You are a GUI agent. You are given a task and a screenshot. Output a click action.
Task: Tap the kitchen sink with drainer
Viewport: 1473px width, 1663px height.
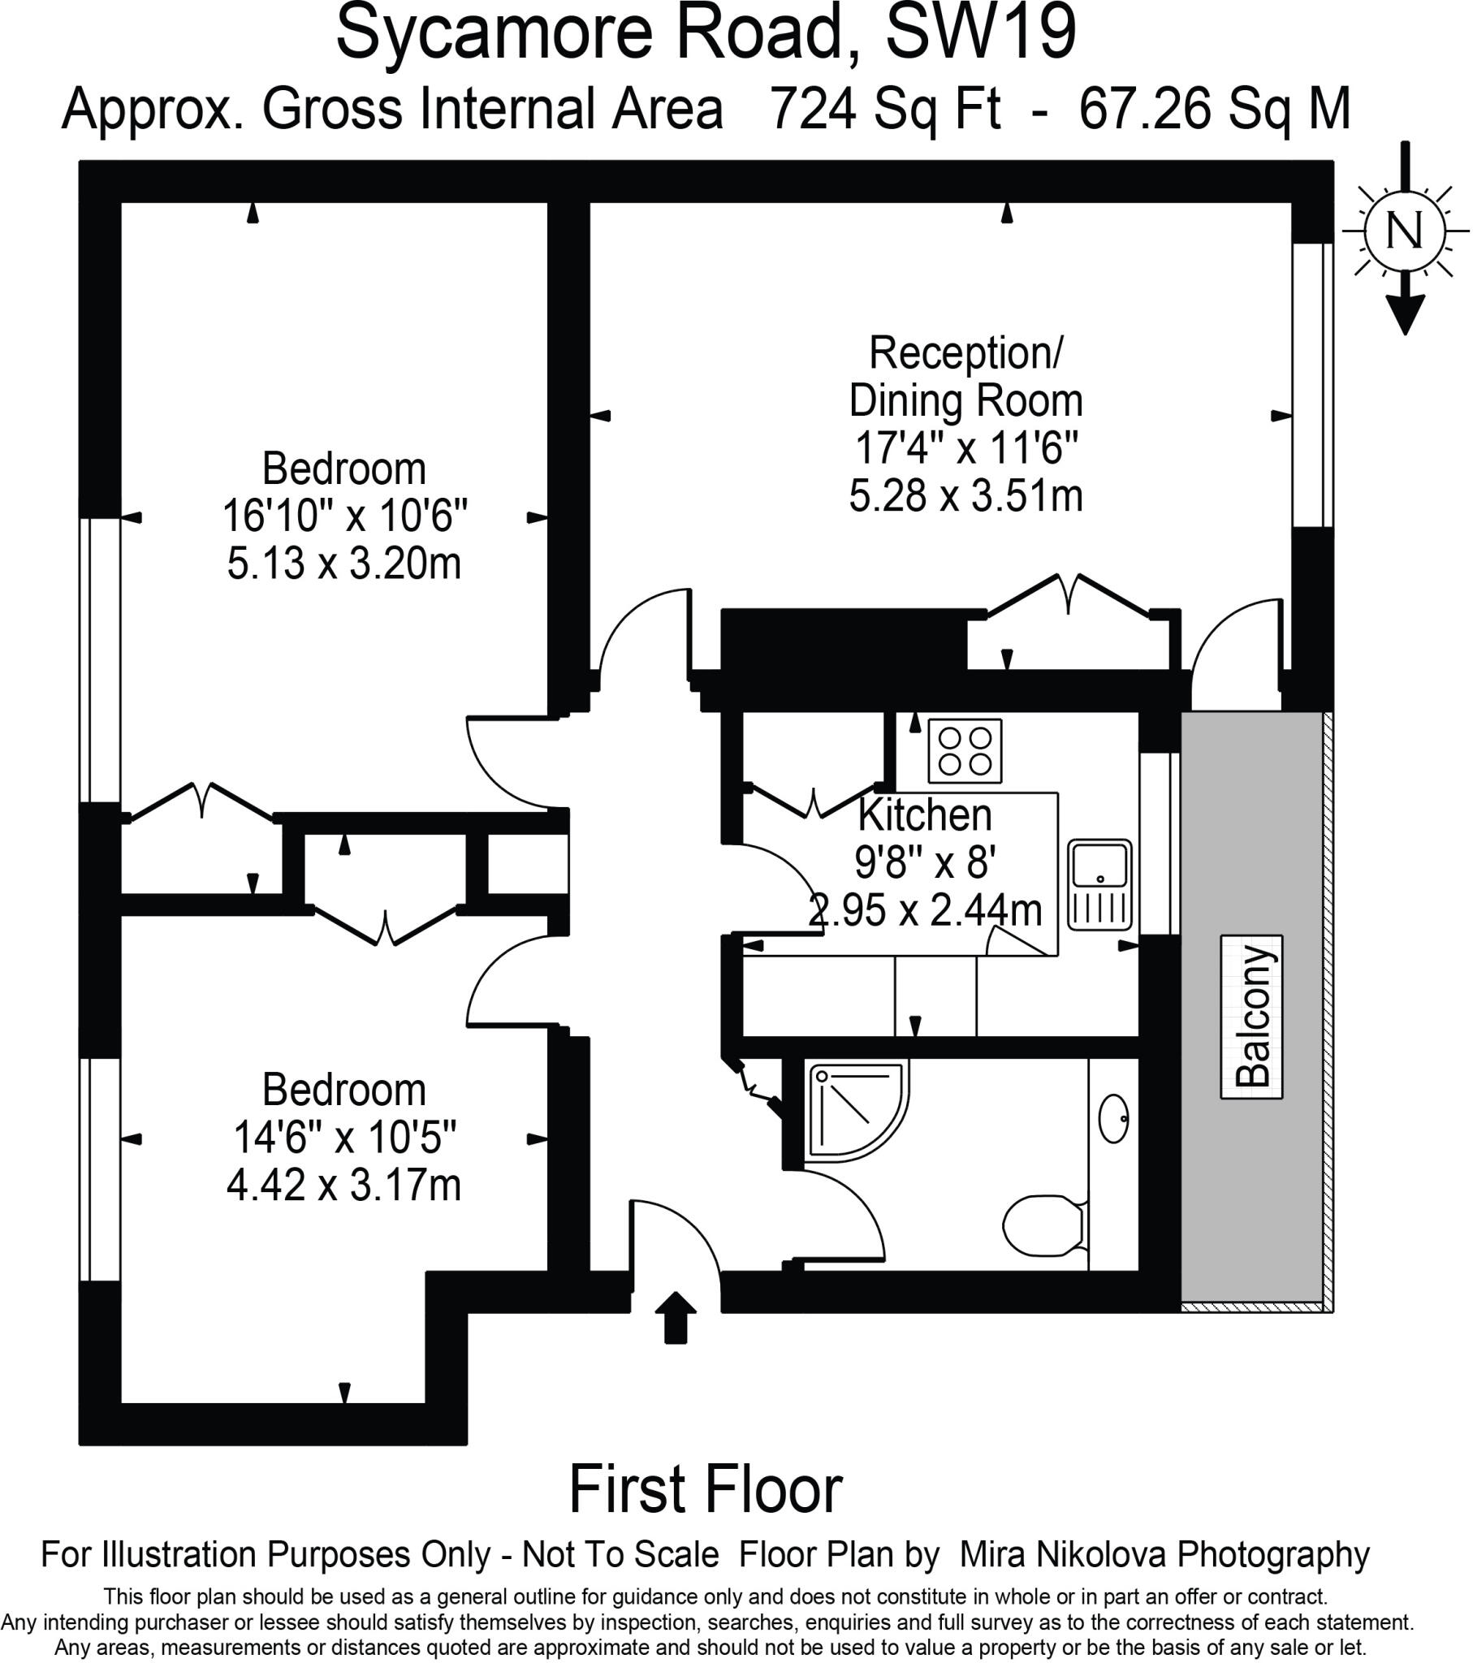(x=1099, y=885)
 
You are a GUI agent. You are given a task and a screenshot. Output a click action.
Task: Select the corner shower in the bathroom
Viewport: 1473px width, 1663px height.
(x=854, y=1111)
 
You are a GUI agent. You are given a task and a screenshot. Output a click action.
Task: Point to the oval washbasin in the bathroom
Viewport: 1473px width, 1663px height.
(x=1112, y=1119)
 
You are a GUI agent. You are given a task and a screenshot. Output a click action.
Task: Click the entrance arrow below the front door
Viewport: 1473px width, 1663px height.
(x=676, y=1317)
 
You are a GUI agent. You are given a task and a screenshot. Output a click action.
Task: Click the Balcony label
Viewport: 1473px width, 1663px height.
(x=1251, y=1016)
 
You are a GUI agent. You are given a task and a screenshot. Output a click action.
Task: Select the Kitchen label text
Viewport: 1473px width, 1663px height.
(x=926, y=814)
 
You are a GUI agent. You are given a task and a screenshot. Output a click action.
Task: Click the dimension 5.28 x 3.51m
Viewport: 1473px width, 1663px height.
(x=966, y=495)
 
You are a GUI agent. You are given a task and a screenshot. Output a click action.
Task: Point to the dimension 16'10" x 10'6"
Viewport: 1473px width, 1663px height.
(x=345, y=515)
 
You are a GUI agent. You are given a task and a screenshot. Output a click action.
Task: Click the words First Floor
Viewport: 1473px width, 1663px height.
(x=705, y=1489)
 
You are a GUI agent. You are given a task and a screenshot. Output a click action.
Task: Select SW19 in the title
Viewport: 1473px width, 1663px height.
(x=981, y=32)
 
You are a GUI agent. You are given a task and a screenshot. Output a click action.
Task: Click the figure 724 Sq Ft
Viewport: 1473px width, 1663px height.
(x=884, y=108)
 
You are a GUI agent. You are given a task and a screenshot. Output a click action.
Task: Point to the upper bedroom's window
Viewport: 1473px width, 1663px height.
(x=99, y=661)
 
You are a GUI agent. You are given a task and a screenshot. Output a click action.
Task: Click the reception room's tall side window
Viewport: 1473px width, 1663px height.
(x=1312, y=385)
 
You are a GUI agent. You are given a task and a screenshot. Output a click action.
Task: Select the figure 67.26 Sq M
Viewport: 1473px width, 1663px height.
(x=1214, y=108)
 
